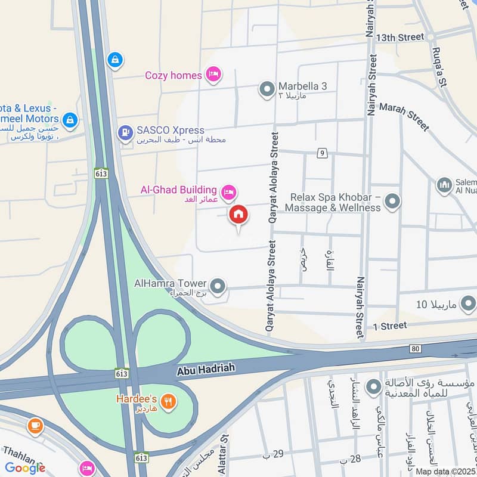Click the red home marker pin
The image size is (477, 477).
click(238, 215)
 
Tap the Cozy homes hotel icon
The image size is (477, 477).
click(213, 75)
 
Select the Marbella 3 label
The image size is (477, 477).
click(302, 86)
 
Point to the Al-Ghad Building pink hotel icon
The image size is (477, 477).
click(228, 192)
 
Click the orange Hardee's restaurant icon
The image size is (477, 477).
click(169, 401)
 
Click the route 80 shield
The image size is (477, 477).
click(416, 348)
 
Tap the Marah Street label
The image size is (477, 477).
click(404, 117)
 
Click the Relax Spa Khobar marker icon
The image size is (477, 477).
click(392, 202)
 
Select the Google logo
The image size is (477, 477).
click(25, 468)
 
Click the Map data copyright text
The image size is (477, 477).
click(445, 471)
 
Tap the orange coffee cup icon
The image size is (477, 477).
click(35, 426)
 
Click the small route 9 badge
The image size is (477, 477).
click(322, 154)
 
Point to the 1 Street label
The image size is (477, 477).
click(390, 326)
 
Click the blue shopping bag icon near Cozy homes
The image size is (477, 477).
click(114, 59)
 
